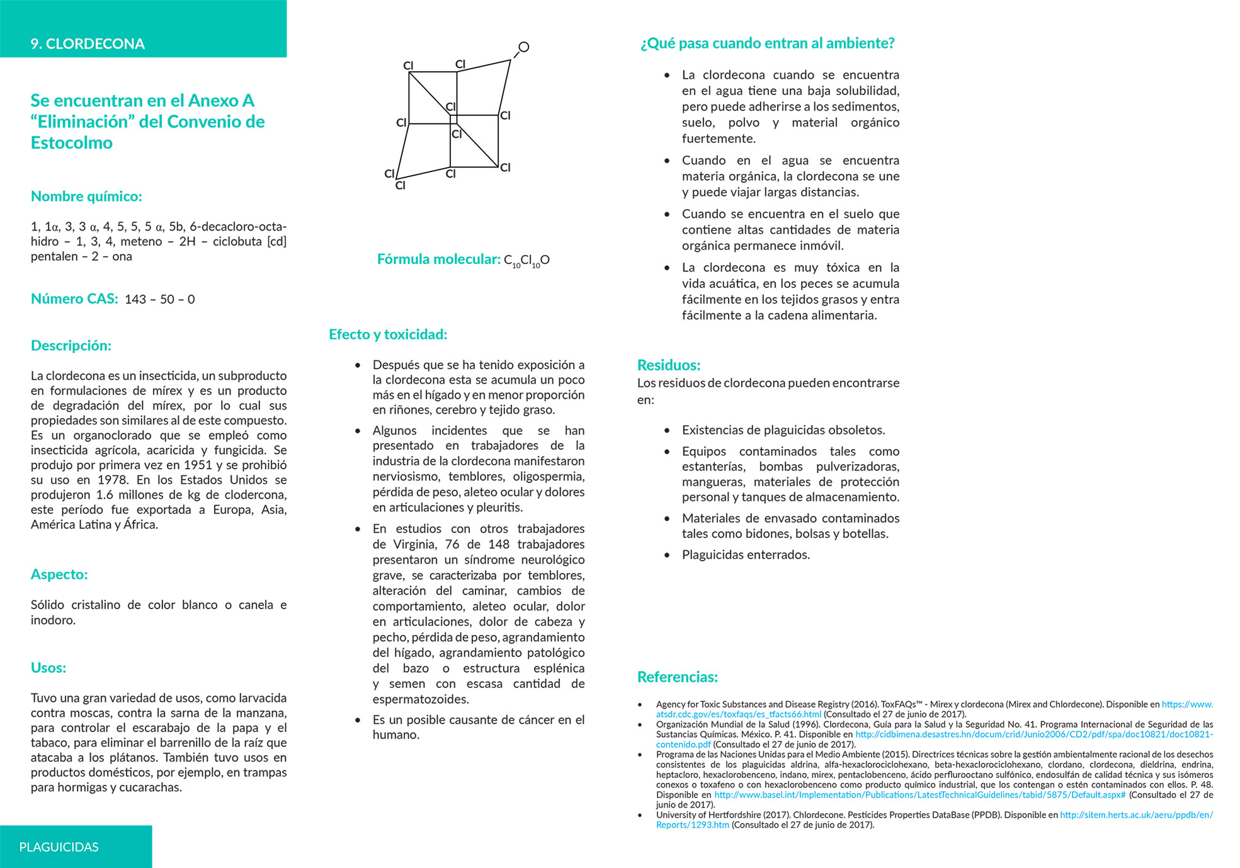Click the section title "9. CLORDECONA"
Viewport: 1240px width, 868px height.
88,43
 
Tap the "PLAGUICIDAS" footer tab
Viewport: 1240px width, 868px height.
59,847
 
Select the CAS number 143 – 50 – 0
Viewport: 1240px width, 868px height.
160,299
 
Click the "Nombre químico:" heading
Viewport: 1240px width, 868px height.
86,197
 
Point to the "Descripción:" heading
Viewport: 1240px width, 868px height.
71,345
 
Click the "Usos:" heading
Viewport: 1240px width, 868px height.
48,668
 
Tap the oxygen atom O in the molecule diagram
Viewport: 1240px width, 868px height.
523,47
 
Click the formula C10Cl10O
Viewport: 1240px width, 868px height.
526,260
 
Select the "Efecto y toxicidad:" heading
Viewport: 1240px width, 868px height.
388,334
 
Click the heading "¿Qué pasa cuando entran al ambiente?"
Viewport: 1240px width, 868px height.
767,43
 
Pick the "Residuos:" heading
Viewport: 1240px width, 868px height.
668,365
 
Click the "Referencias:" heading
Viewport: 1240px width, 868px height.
677,677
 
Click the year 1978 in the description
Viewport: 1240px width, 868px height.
113,480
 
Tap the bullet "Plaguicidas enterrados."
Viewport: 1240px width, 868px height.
746,555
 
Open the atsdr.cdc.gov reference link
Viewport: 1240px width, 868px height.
738,714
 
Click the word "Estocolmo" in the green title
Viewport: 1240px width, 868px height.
72,143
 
